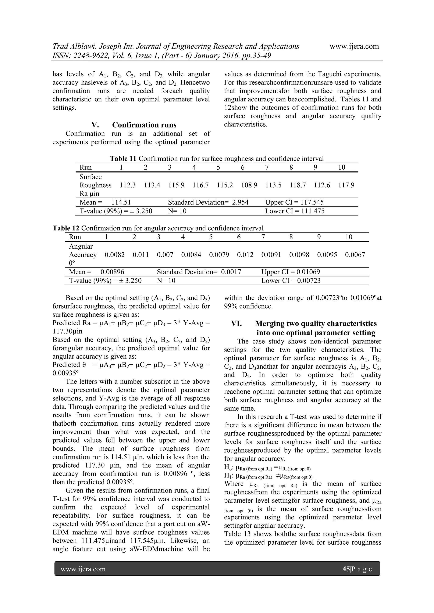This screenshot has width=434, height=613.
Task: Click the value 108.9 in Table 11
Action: coord(249,185)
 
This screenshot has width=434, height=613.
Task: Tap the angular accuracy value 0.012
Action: coord(245,255)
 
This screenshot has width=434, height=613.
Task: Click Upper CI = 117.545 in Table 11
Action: coord(294,202)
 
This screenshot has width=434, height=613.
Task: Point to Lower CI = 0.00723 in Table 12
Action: coord(291,281)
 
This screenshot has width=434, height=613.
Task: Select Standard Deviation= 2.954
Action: coord(208,202)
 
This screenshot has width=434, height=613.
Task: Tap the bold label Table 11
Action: coord(123,159)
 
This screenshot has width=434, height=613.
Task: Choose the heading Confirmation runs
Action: coord(144,125)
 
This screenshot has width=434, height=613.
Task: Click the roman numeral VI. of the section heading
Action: coord(236,324)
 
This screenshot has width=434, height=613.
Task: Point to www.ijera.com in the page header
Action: coord(354,46)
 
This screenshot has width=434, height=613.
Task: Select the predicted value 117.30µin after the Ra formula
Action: coord(67,331)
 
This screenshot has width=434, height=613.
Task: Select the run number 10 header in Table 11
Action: coord(342,167)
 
